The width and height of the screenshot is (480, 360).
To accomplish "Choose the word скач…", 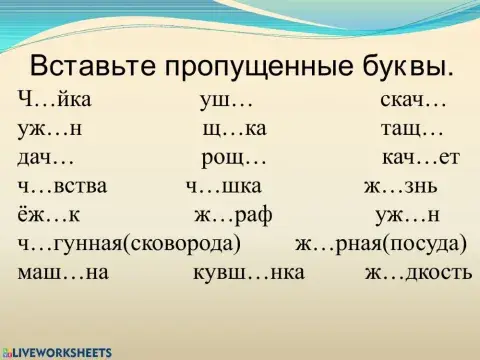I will pos(413,101).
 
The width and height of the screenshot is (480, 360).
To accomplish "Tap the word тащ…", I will pos(411,129).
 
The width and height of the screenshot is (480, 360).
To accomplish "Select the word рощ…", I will pos(234,157).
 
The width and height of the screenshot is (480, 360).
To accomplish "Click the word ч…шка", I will pos(223,186).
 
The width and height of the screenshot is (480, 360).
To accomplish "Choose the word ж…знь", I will pos(399,186).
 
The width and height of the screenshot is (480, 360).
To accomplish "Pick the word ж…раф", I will pos(232,214).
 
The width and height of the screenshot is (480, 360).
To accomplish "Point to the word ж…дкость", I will pos(418,271).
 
